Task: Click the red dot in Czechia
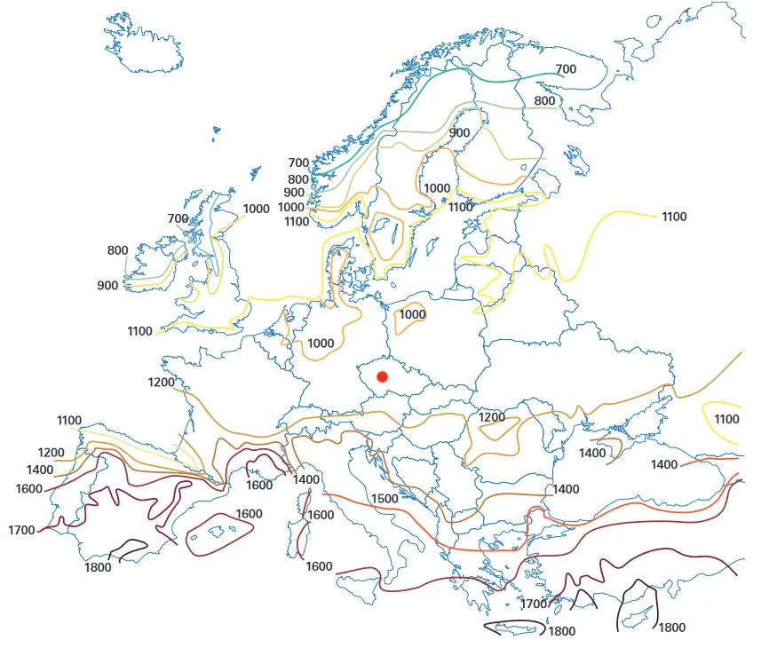tap(383, 376)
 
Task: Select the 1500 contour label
tap(385, 499)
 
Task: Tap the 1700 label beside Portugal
tap(21, 530)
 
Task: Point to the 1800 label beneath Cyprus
tap(671, 628)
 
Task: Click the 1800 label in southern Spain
tap(98, 567)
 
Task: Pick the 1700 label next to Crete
tap(534, 605)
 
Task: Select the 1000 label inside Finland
tap(437, 188)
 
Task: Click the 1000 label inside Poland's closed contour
tap(412, 314)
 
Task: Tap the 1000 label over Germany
tap(321, 344)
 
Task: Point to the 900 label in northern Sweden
tap(459, 133)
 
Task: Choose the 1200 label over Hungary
tap(491, 417)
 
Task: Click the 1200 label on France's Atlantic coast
tap(162, 383)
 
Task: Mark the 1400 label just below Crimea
tap(592, 454)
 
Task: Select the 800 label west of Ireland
tap(117, 250)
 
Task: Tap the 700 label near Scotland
tap(178, 218)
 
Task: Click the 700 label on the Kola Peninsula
tap(566, 69)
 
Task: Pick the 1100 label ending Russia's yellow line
tap(674, 217)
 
